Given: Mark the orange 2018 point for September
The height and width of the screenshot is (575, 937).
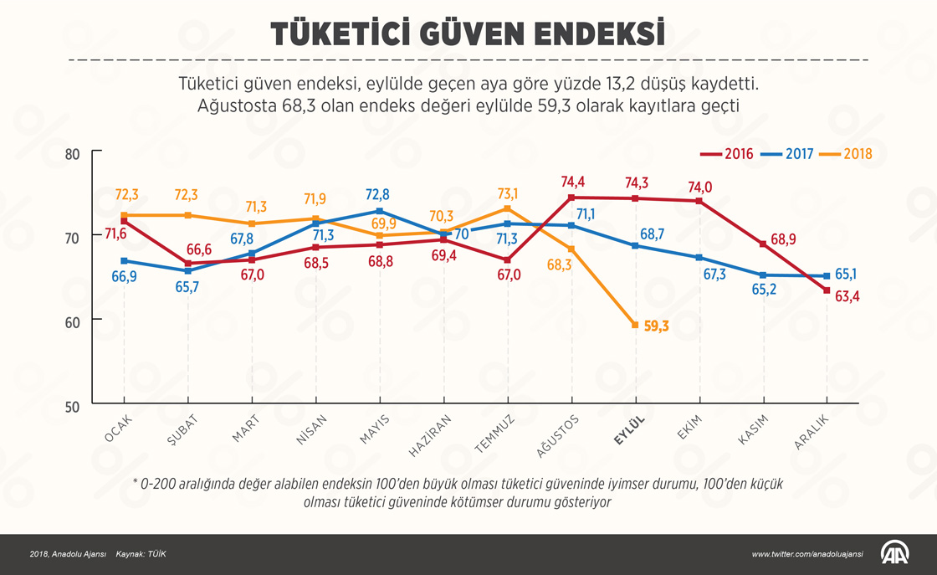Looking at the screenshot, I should (636, 325).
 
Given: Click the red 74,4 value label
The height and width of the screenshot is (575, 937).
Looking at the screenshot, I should (574, 182).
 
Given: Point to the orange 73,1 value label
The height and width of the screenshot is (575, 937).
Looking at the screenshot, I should (508, 193).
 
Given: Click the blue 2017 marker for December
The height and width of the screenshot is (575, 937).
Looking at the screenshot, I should (827, 275).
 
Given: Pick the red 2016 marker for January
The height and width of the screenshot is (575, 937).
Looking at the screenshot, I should (124, 221).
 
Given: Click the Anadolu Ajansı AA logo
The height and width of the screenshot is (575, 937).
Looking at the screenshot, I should (895, 553).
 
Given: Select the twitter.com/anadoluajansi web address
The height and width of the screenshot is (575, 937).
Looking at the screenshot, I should (806, 554).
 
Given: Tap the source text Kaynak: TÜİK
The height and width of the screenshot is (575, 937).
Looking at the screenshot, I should (141, 554).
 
